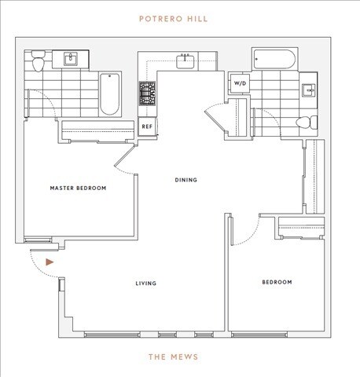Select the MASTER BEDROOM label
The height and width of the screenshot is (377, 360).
click(x=78, y=188)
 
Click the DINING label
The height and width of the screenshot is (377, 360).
click(x=186, y=181)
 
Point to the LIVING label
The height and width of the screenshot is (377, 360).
click(x=145, y=283)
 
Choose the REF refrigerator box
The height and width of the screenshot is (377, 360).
click(x=147, y=126)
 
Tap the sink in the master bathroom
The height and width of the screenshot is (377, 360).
click(x=72, y=58)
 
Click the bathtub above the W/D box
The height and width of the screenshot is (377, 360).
click(x=274, y=60)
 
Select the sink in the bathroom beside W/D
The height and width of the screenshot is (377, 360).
click(x=310, y=89)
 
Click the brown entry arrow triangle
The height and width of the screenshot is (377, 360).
click(x=50, y=262)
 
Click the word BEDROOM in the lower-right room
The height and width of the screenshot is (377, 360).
click(x=276, y=282)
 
